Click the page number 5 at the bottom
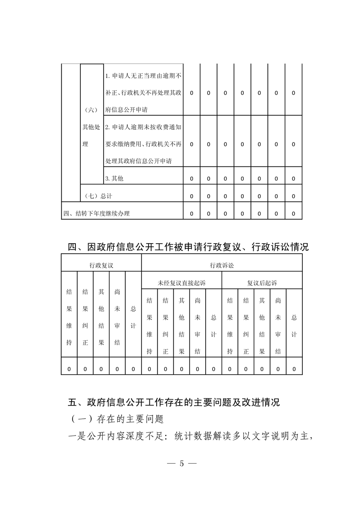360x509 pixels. point(181,464)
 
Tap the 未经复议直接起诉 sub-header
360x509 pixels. point(182,283)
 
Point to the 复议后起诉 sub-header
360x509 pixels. point(262,283)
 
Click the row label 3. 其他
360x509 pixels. point(114,179)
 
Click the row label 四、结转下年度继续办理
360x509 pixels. point(96,213)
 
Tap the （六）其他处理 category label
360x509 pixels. point(91,127)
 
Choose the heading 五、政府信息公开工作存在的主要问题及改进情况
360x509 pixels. point(173,402)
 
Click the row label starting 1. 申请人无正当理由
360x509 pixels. point(143,93)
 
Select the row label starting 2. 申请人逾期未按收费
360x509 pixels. point(143,144)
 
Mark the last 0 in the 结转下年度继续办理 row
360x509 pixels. point(294,213)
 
